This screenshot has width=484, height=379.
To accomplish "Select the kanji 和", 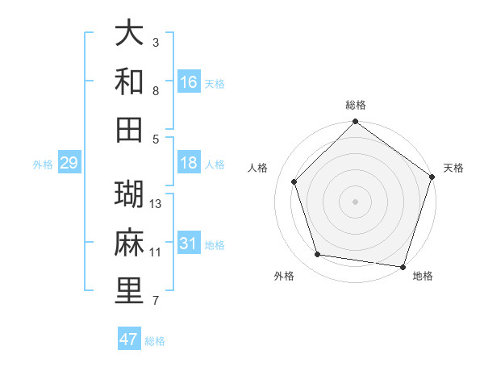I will click(130, 81).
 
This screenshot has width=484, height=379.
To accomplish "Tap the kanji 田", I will click(130, 129).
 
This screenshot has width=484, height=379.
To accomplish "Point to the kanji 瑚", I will click(130, 194).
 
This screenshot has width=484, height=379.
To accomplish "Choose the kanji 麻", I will click(130, 243).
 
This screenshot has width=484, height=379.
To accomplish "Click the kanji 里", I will click(130, 291).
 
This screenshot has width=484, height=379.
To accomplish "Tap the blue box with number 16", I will click(189, 82).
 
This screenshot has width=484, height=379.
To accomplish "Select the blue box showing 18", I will click(189, 164).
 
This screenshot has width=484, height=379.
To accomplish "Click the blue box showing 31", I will click(189, 244).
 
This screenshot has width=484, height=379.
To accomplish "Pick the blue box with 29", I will click(69, 164).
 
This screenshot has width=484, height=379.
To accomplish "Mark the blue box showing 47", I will click(129, 339).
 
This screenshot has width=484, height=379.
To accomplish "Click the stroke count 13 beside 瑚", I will click(156, 204).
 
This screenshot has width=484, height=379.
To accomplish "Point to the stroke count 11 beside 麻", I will click(156, 252).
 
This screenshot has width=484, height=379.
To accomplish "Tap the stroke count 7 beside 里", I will click(156, 302).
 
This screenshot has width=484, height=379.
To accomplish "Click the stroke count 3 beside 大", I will click(156, 42).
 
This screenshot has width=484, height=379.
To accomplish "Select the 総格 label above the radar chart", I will click(356, 105).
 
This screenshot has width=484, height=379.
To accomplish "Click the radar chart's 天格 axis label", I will click(453, 168).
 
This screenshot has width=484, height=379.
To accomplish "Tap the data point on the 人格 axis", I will click(294, 181).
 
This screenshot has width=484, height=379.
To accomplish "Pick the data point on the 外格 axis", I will click(318, 255).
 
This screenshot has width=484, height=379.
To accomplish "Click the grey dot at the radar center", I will click(356, 201).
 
